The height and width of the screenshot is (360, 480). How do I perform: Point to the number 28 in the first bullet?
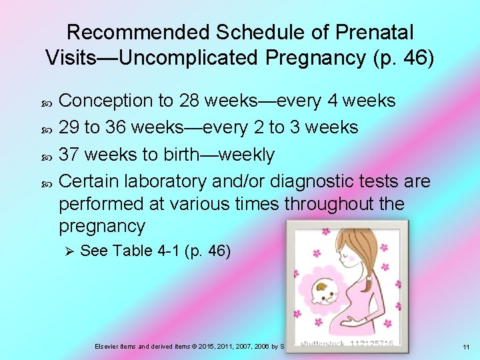pos(189,101)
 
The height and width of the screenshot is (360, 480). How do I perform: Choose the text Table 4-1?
pos(147,251)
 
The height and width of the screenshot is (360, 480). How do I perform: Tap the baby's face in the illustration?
pos(326,291)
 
